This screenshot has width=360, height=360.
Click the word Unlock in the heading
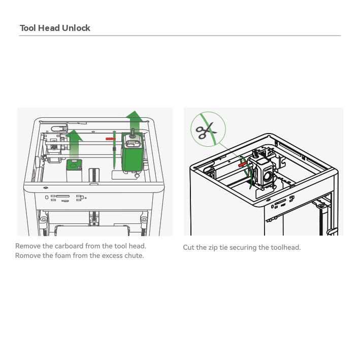76,28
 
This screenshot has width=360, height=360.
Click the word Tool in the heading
28,28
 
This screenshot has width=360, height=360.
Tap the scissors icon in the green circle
206,130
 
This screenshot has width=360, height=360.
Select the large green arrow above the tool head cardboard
135,122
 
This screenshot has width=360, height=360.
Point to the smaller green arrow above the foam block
74,144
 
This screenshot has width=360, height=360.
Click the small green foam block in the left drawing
74,165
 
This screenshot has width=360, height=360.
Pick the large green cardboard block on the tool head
133,152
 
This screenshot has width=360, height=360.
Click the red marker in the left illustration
110,139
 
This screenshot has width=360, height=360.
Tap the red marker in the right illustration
242,164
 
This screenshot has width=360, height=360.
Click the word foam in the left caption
62,255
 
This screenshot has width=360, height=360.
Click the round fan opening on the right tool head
268,176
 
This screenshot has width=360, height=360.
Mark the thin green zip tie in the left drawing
114,150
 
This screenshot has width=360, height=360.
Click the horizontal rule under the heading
180,36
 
